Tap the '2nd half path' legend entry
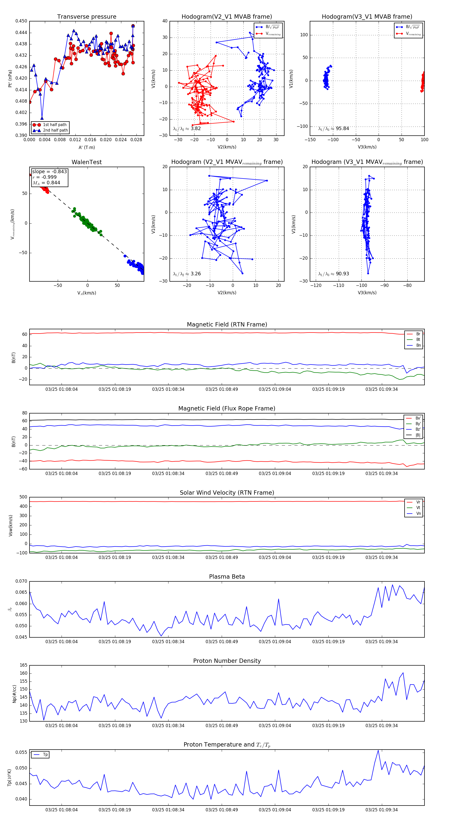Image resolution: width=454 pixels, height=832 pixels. tap(55, 131)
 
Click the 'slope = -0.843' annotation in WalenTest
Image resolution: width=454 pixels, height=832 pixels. tap(49, 171)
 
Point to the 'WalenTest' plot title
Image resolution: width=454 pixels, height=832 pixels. tap(87, 162)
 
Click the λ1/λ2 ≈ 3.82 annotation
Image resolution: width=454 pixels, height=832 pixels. tap(187, 129)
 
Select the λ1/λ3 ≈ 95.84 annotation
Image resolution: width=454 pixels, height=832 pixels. tap(333, 129)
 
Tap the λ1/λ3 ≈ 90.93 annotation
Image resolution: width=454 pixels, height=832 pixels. tap(333, 274)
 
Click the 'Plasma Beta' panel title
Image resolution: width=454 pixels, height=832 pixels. tap(227, 577)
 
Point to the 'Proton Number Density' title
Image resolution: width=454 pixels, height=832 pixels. tap(227, 661)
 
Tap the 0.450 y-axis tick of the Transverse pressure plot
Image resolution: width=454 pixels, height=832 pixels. tap(21, 21)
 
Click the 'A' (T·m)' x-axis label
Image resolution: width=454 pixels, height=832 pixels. tap(87, 147)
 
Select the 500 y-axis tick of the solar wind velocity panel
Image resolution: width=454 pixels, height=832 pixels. tap(23, 497)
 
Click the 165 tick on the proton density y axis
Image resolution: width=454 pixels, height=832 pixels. tap(24, 665)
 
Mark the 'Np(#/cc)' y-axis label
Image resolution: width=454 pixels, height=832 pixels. tap(14, 693)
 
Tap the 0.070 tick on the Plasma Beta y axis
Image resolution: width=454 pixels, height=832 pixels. tap(21, 581)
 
